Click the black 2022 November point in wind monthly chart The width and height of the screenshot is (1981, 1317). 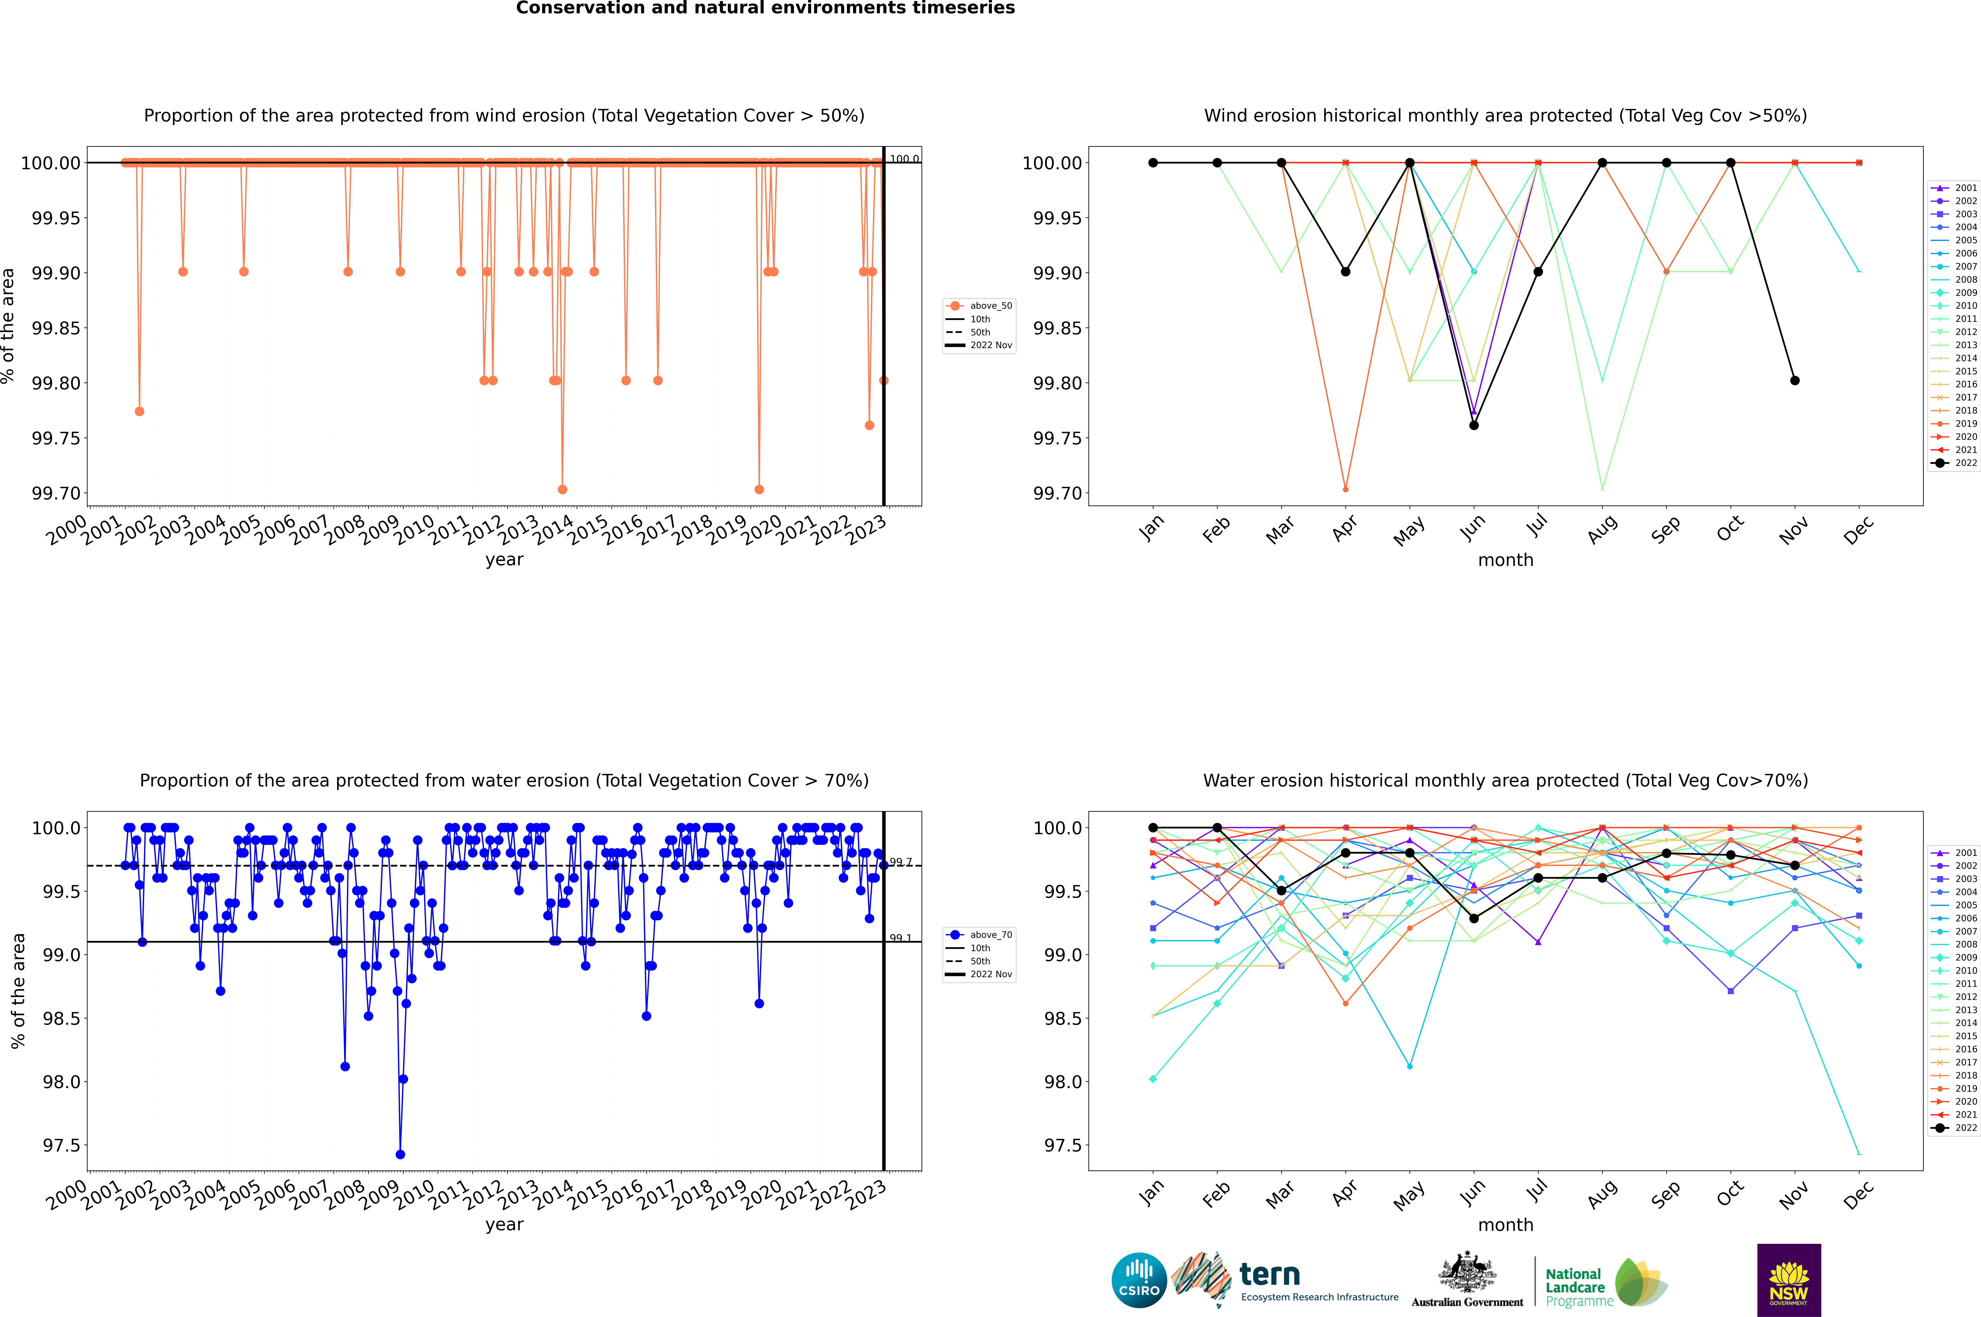(1794, 380)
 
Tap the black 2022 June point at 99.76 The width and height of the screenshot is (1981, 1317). (1474, 425)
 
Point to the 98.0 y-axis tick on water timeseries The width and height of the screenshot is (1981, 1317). (61, 1082)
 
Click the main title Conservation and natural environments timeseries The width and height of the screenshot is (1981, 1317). (765, 8)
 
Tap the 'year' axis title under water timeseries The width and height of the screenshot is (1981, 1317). (504, 1225)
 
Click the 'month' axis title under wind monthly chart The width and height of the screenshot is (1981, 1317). (1505, 560)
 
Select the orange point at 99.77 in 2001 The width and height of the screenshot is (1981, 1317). (139, 411)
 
